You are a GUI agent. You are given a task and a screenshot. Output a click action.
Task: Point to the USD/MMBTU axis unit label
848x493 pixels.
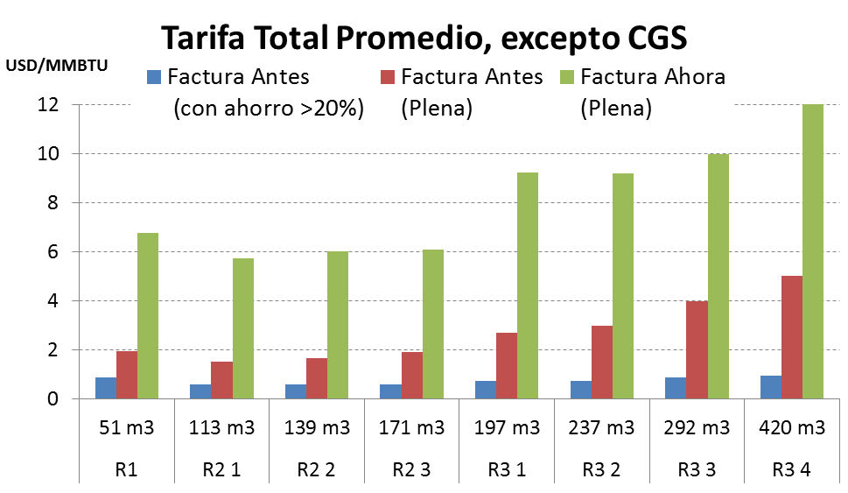pyautogui.click(x=57, y=65)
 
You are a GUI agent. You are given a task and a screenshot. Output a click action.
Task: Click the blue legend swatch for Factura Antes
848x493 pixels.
pyautogui.click(x=155, y=77)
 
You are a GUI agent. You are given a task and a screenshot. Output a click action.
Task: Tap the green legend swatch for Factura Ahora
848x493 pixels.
pyautogui.click(x=568, y=77)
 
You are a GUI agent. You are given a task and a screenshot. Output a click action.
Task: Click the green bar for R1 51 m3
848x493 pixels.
pyautogui.click(x=148, y=316)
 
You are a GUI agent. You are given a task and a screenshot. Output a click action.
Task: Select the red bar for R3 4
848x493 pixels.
pyautogui.click(x=791, y=337)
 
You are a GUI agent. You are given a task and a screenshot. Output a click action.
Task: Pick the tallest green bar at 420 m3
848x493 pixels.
pyautogui.click(x=812, y=252)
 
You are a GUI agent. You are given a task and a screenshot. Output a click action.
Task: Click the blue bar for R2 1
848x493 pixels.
pyautogui.click(x=200, y=391)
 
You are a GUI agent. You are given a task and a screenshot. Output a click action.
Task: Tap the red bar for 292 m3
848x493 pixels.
pyautogui.click(x=696, y=349)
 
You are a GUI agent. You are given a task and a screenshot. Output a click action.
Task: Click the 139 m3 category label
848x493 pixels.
pyautogui.click(x=317, y=428)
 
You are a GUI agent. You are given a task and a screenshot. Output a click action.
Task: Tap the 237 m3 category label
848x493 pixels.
pyautogui.click(x=602, y=428)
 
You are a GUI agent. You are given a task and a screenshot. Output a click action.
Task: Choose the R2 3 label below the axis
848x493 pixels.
pyautogui.click(x=411, y=468)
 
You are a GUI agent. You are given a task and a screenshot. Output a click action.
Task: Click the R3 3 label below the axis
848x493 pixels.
pyautogui.click(x=697, y=468)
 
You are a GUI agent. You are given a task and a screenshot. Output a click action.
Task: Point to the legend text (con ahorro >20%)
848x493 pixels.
pyautogui.click(x=268, y=109)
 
